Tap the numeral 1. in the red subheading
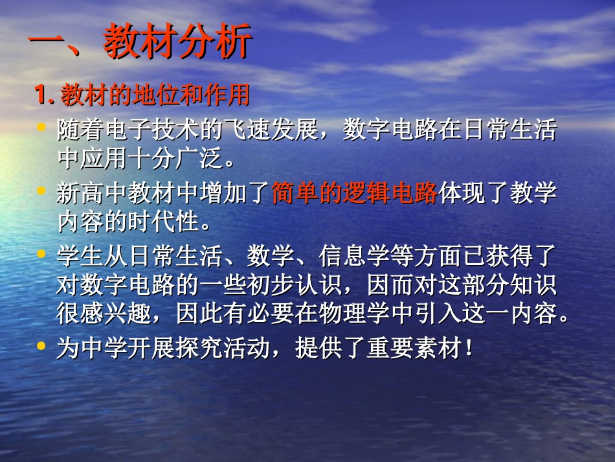45,96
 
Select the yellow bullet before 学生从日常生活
42,253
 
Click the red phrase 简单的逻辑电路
355,192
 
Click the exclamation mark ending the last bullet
468,349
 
